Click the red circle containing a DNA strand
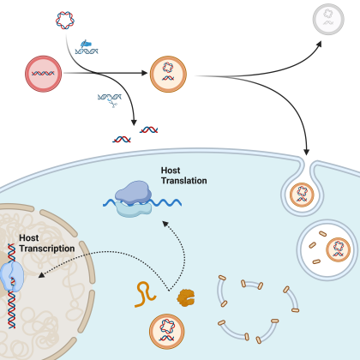pyautogui.click(x=43, y=74)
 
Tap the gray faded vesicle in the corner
pyautogui.click(x=328, y=19)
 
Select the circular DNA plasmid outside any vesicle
pyautogui.click(x=65, y=21)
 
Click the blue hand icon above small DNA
pyautogui.click(x=86, y=44)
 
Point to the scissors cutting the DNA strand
pyautogui.click(x=112, y=103)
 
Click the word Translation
pyautogui.click(x=184, y=181)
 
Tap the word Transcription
pyautogui.click(x=47, y=249)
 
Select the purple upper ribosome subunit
pyautogui.click(x=133, y=193)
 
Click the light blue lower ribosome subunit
pyautogui.click(x=134, y=209)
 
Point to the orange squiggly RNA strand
pyautogui.click(x=145, y=294)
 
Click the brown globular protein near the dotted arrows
pyautogui.click(x=186, y=297)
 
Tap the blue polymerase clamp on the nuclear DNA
pyautogui.click(x=12, y=276)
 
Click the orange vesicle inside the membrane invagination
pyautogui.click(x=302, y=195)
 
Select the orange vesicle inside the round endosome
pyautogui.click(x=339, y=249)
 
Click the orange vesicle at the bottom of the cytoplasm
pyautogui.click(x=167, y=332)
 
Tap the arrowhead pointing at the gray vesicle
pyautogui.click(x=319, y=44)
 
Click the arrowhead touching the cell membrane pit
pyautogui.click(x=306, y=152)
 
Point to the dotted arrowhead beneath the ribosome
pyautogui.click(x=165, y=224)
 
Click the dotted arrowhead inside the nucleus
pyautogui.click(x=41, y=275)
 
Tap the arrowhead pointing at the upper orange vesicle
pyautogui.click(x=144, y=73)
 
